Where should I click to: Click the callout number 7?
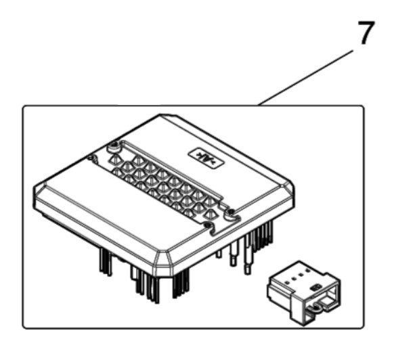pos(366,32)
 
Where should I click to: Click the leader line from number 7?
pos(305,78)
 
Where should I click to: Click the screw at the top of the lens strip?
pos(115,145)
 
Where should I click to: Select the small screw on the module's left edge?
pos(91,158)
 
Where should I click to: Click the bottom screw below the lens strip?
pos(207,225)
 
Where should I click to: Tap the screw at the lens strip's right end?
pos(230,211)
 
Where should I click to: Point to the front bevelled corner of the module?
pos(163,263)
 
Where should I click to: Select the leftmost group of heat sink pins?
pos(106,262)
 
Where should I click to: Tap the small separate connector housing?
pos(304,293)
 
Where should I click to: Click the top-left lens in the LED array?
pos(115,159)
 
